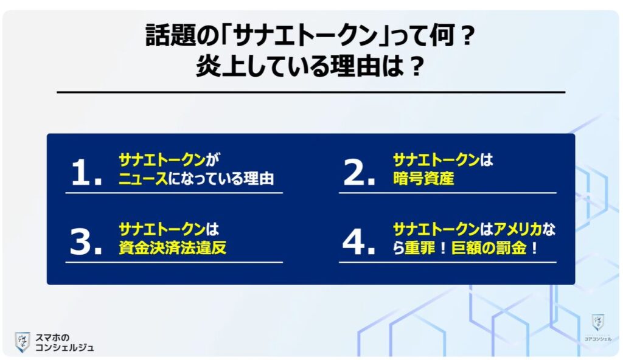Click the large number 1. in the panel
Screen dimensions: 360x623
[x=85, y=173]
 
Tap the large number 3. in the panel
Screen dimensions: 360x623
[x=85, y=242]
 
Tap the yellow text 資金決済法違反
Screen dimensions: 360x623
[x=172, y=249]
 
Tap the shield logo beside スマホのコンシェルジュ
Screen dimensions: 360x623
[x=23, y=342]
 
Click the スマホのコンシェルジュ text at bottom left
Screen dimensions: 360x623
[x=64, y=342]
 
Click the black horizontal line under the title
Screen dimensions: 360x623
[x=311, y=92]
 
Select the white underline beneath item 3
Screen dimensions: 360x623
[x=174, y=262]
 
